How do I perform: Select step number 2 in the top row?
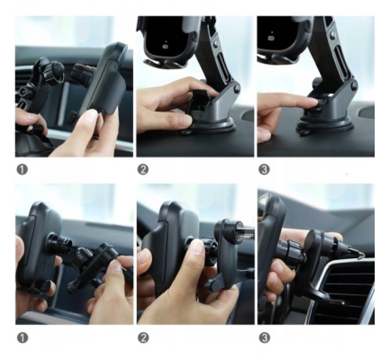coord(143,169)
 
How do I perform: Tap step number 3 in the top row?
coord(264,169)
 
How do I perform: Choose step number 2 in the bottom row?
coord(143,338)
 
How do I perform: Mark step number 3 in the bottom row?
coord(264,338)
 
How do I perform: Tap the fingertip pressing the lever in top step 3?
coord(309,103)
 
